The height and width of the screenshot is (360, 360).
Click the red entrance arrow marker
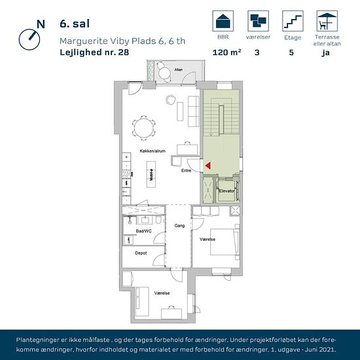(x=208, y=166)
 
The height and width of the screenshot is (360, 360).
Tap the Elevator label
(x=226, y=190)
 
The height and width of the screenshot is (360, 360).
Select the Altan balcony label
(x=179, y=69)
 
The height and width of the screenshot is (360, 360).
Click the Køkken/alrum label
(x=153, y=151)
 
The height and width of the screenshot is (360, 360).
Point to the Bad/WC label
(x=144, y=231)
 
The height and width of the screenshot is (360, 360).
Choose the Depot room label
(x=141, y=253)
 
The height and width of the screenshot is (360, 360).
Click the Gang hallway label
(x=179, y=226)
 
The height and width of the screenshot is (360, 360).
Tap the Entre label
(x=186, y=171)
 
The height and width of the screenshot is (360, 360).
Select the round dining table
(x=144, y=128)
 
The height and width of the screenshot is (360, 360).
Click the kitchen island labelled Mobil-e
(x=151, y=175)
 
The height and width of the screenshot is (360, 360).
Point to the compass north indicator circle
(x=29, y=39)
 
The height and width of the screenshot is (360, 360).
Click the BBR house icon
(x=223, y=21)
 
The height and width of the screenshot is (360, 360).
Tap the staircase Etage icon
(x=293, y=21)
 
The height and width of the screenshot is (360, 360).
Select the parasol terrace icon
(x=327, y=21)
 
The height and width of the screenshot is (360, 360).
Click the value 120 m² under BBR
(x=227, y=52)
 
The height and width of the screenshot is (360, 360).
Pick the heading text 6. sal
(x=75, y=24)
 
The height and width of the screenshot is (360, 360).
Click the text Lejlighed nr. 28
(x=94, y=52)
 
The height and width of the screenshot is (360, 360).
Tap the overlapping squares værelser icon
(x=259, y=21)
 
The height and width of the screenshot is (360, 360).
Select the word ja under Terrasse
(x=325, y=53)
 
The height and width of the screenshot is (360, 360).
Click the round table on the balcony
(x=164, y=73)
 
